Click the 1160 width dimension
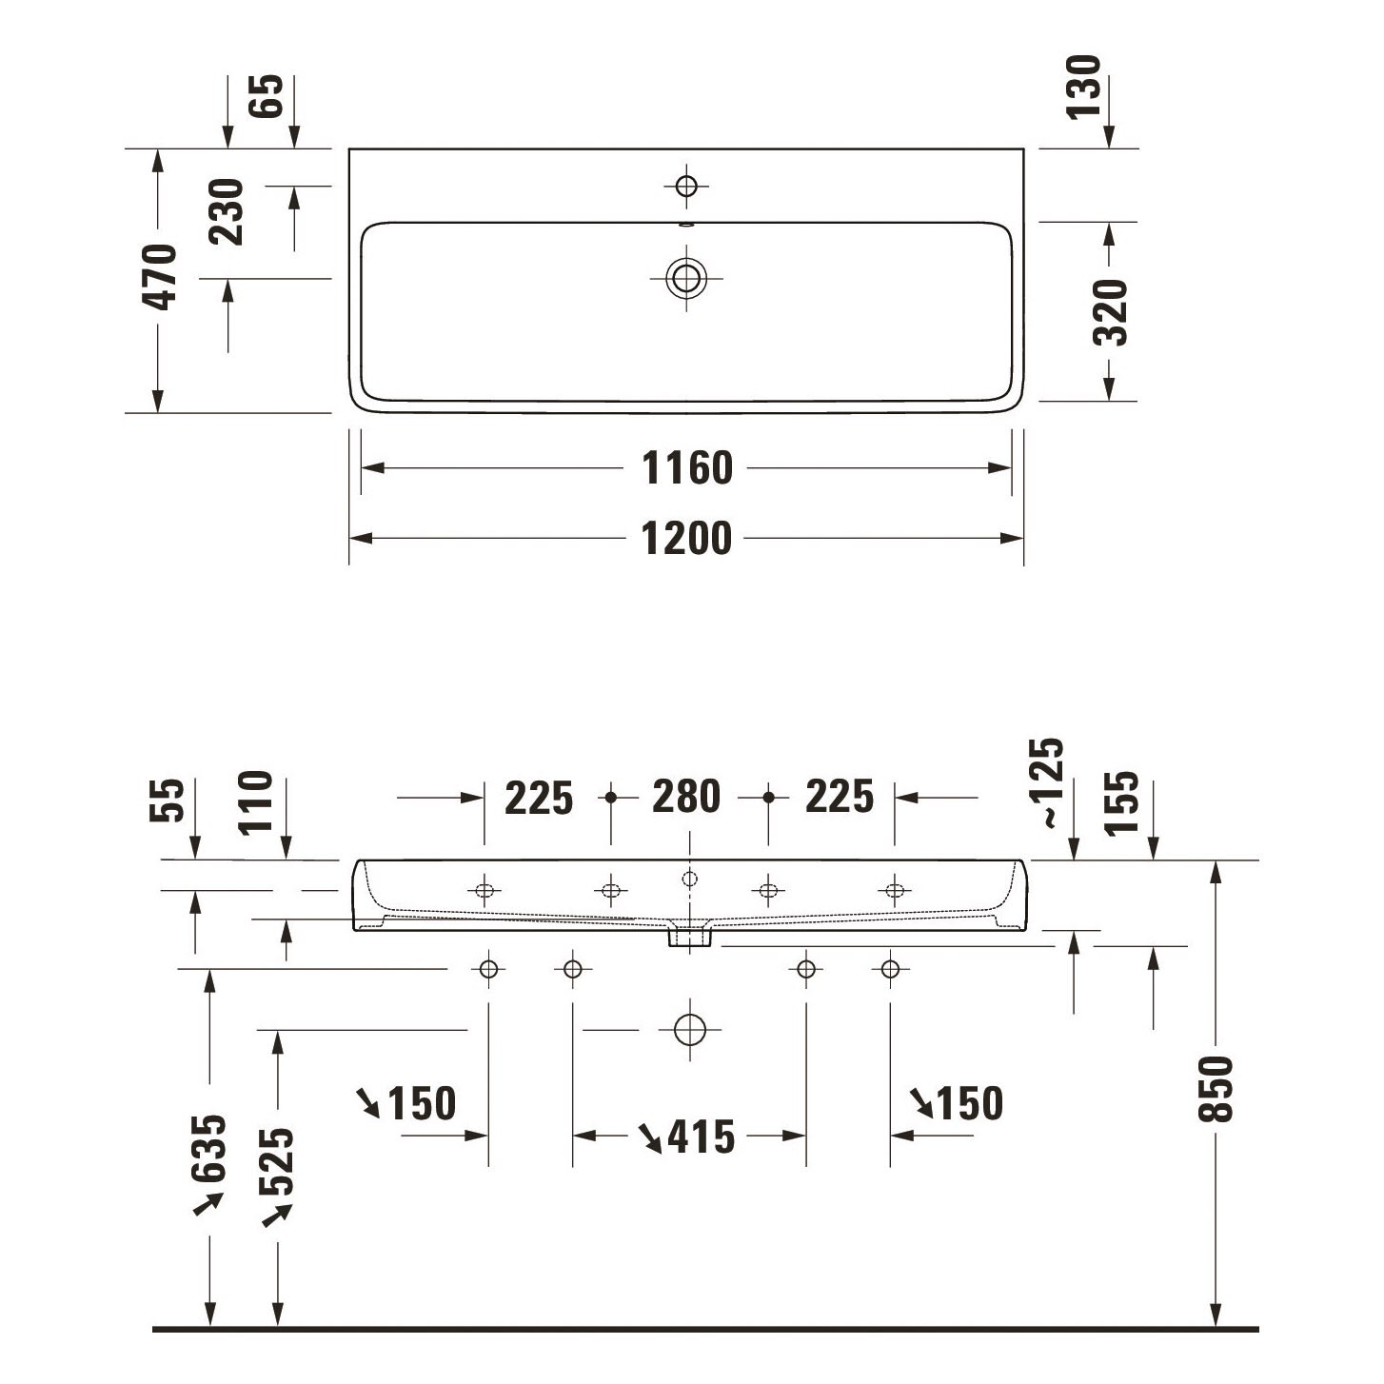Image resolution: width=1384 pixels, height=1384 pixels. pos(686,468)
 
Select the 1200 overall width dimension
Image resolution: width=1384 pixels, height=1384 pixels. pos(686,539)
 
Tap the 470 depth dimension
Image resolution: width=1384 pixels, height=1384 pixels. pos(160,277)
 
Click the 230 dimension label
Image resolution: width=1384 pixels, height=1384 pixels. pos(227,212)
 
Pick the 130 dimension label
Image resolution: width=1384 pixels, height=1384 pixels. pos(1083,87)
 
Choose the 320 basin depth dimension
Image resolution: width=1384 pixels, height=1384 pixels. pos(1111,312)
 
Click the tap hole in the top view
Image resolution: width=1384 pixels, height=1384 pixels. pos(686,186)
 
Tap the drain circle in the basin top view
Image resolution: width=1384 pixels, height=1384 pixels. pos(686,278)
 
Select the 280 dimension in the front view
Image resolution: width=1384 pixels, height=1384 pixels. pos(686,797)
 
